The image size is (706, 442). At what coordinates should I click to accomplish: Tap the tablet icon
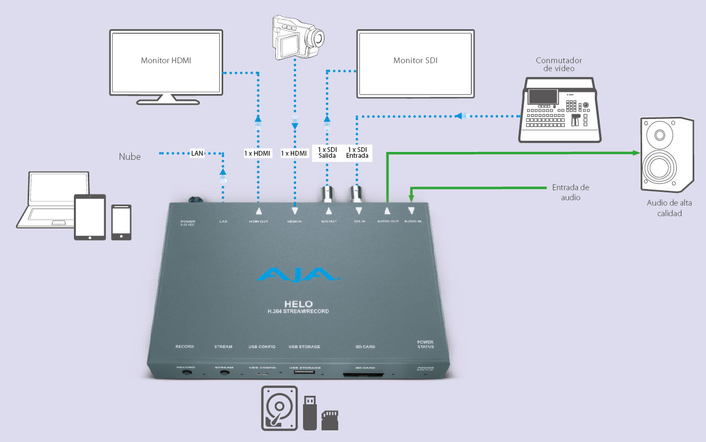90,217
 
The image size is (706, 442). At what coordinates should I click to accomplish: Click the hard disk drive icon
279,408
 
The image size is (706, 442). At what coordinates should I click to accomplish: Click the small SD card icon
331,420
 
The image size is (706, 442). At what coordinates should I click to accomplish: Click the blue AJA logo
298,275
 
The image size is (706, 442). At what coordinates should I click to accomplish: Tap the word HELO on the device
298,304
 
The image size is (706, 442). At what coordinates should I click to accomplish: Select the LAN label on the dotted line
197,154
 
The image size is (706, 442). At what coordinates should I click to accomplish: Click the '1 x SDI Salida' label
327,153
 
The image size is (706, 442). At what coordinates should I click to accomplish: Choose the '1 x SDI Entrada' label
357,153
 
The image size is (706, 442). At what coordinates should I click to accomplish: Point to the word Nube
130,157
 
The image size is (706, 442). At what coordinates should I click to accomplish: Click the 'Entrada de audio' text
570,192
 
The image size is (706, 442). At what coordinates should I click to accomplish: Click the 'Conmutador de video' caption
559,64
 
